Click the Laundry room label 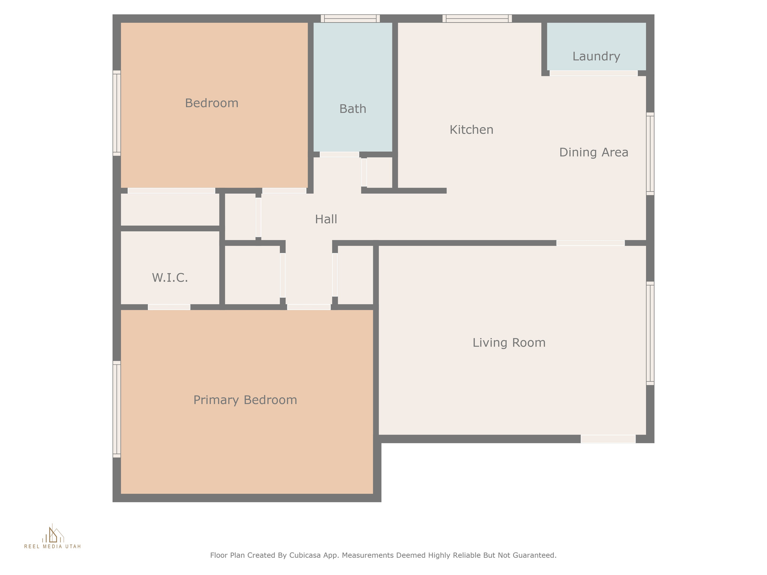pyautogui.click(x=596, y=57)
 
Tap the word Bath pyautogui.click(x=353, y=109)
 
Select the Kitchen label pyautogui.click(x=472, y=130)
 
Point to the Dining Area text pyautogui.click(x=594, y=152)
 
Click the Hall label pyautogui.click(x=326, y=219)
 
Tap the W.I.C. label pyautogui.click(x=170, y=278)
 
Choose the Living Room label pyautogui.click(x=509, y=343)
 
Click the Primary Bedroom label pyautogui.click(x=245, y=400)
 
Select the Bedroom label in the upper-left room pyautogui.click(x=212, y=103)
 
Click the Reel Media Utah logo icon pyautogui.click(x=53, y=534)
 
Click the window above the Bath pyautogui.click(x=350, y=18)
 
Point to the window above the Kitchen pyautogui.click(x=477, y=18)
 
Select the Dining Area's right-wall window pyautogui.click(x=650, y=153)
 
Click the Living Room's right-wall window pyautogui.click(x=650, y=333)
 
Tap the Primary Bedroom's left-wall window pyautogui.click(x=117, y=409)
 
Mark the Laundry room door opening pyautogui.click(x=594, y=73)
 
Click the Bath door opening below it pyautogui.click(x=339, y=154)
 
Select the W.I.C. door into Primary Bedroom pyautogui.click(x=169, y=307)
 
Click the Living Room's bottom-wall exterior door pyautogui.click(x=608, y=439)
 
